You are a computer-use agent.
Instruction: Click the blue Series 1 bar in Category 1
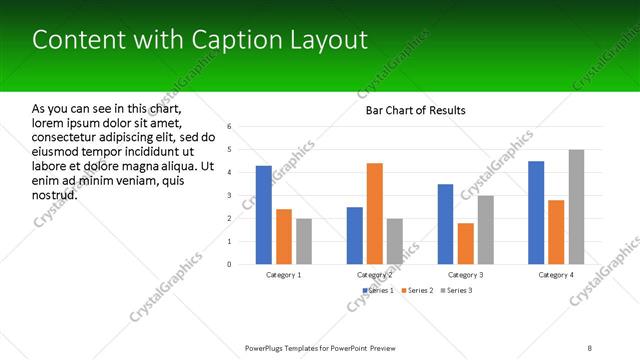[x=264, y=215]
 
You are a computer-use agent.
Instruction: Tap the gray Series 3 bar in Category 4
[x=577, y=207]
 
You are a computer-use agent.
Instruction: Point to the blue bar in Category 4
[x=536, y=212]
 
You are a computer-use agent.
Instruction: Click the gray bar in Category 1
[x=304, y=241]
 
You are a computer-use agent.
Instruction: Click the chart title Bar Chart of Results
[x=416, y=110]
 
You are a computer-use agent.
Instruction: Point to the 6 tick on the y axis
[x=230, y=127]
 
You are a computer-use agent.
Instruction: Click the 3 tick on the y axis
[x=230, y=196]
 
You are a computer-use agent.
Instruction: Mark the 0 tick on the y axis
[x=230, y=265]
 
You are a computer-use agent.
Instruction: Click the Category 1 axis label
[x=284, y=274]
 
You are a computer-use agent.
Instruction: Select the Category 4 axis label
[x=556, y=274]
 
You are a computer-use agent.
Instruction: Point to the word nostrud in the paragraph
[x=55, y=194]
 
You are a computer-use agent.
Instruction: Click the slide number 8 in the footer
[x=590, y=347]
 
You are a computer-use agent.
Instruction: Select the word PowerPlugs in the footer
[x=269, y=347]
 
